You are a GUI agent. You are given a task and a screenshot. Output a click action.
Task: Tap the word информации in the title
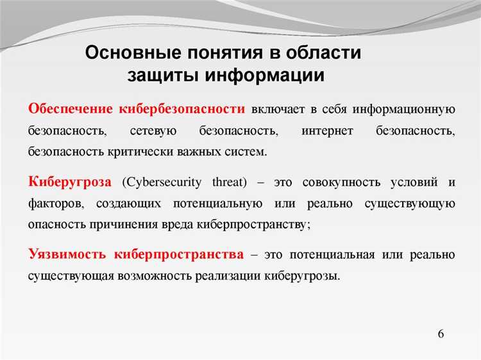coord(265,74)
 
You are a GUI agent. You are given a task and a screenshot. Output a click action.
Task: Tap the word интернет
coord(327,130)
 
